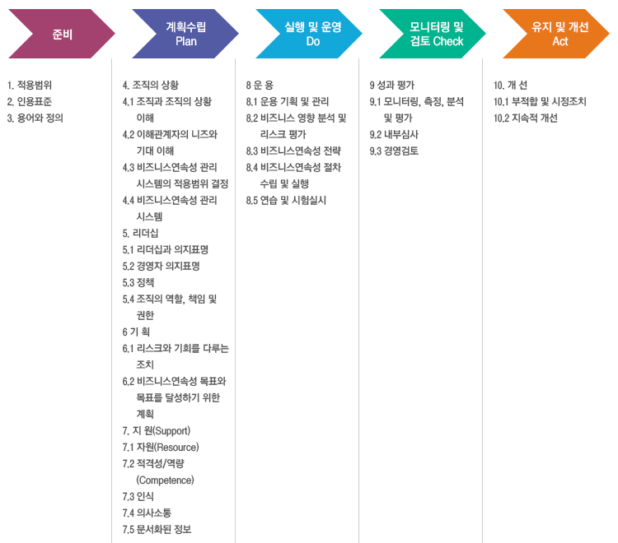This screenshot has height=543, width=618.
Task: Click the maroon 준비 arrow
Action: [63, 34]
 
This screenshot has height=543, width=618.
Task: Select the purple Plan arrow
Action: [185, 34]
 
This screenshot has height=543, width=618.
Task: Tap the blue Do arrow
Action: [309, 34]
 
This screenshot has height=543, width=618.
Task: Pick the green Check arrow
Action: [433, 34]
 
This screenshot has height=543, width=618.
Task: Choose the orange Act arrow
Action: [556, 34]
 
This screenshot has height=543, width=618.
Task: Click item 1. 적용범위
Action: [30, 85]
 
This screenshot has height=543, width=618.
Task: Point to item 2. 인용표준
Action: [30, 101]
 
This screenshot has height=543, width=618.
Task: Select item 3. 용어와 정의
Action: [35, 118]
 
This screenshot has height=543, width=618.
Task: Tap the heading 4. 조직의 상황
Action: [151, 85]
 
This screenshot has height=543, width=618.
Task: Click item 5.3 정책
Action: [138, 282]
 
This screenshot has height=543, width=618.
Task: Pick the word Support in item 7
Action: [172, 431]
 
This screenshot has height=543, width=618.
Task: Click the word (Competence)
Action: [165, 480]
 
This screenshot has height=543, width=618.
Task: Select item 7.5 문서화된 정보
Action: [157, 529]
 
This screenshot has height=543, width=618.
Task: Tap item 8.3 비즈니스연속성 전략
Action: [293, 151]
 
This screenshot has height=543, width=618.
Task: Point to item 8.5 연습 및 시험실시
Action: [286, 200]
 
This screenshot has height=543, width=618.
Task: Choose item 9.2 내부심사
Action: [394, 135]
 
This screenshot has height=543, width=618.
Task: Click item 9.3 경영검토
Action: [394, 151]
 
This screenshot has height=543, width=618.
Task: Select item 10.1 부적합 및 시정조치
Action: [540, 101]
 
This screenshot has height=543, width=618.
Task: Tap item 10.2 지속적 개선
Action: [526, 118]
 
